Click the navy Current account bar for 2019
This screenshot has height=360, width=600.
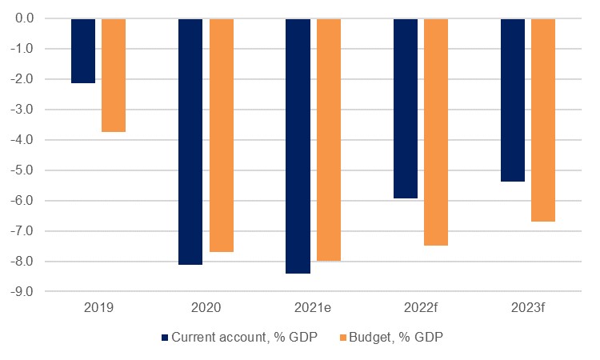tap(83, 50)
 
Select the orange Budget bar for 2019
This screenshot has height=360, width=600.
tap(114, 75)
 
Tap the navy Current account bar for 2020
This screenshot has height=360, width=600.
tap(190, 141)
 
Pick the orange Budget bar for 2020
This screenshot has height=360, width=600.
tap(222, 135)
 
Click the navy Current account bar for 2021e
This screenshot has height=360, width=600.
tap(298, 146)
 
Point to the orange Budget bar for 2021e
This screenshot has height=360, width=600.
tap(329, 139)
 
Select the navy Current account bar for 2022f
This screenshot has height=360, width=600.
tap(406, 108)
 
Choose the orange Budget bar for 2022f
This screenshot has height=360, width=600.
tap(436, 132)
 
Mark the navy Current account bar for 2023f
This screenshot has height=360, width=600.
tap(513, 100)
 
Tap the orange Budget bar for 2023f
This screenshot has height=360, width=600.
tap(543, 120)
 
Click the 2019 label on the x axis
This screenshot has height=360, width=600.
tap(98, 306)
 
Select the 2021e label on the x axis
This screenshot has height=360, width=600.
tap(314, 306)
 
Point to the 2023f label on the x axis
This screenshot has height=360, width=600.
tap(528, 306)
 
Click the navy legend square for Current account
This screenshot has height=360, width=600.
tap(166, 338)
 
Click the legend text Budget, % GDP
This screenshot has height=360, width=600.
tap(395, 338)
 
